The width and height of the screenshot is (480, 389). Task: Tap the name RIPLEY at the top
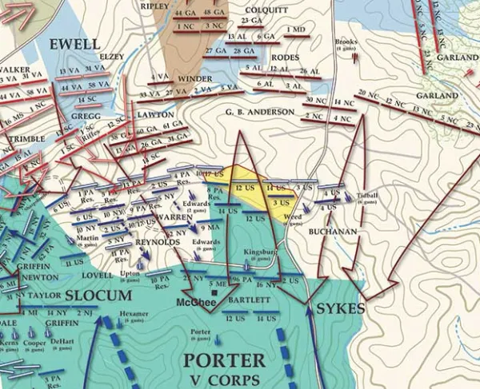point(177,6)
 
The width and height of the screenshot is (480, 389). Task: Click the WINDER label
point(194,78)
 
